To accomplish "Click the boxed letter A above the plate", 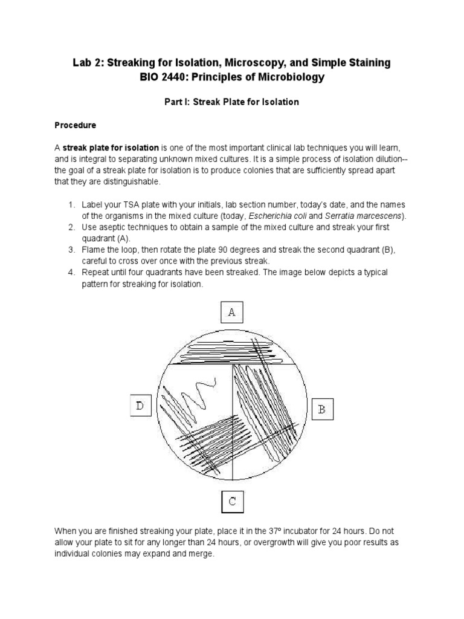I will (x=231, y=312).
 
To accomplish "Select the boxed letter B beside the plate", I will (x=322, y=409).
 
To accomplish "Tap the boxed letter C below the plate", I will (x=231, y=501).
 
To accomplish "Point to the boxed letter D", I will (x=140, y=406).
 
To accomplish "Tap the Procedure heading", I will (x=76, y=125).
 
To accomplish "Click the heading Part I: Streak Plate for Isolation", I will (x=232, y=102).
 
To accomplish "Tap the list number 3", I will (x=70, y=250).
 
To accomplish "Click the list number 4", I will (x=70, y=273).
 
